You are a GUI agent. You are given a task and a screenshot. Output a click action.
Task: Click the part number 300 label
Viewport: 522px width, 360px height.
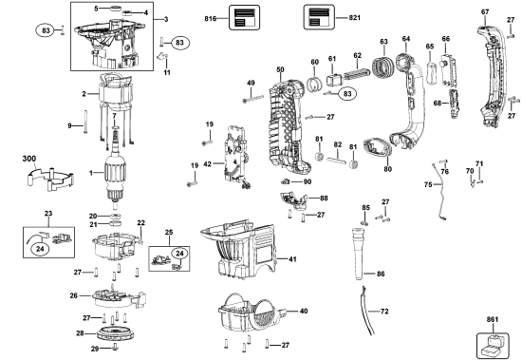click(x=29, y=159)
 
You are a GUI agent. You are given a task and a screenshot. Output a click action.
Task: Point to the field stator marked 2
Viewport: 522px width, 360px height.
click(x=115, y=92)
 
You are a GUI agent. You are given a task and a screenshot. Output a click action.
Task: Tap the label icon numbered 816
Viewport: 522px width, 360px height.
click(x=244, y=17)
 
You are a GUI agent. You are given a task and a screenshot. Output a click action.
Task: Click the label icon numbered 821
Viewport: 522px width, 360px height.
click(x=319, y=17)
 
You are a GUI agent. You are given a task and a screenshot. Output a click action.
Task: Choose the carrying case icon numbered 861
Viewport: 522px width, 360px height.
click(x=493, y=346)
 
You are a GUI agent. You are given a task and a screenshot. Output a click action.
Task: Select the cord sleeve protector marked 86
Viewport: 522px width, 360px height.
click(x=358, y=254)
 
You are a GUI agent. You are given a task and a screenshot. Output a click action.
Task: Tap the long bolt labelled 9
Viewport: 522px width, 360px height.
click(x=85, y=122)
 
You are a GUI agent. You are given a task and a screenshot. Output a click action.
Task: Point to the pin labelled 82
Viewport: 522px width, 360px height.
click(x=337, y=160)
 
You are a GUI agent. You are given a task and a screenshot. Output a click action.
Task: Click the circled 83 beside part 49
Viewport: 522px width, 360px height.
click(x=347, y=94)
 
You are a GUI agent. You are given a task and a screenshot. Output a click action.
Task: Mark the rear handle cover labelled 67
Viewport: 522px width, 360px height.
click(x=493, y=75)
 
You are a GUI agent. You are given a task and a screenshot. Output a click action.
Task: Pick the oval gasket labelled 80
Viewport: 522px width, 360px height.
click(x=377, y=147)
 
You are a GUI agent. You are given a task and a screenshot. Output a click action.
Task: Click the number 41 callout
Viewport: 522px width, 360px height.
click(x=292, y=259)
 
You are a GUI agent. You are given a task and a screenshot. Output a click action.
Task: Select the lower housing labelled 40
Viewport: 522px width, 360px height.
click(x=252, y=315)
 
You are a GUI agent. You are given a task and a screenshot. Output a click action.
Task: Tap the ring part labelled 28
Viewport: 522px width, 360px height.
click(x=117, y=333)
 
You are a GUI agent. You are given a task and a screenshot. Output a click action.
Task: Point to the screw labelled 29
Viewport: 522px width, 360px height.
click(x=115, y=347)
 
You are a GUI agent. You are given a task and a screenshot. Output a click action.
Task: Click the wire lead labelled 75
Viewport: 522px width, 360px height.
click(x=440, y=190)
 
